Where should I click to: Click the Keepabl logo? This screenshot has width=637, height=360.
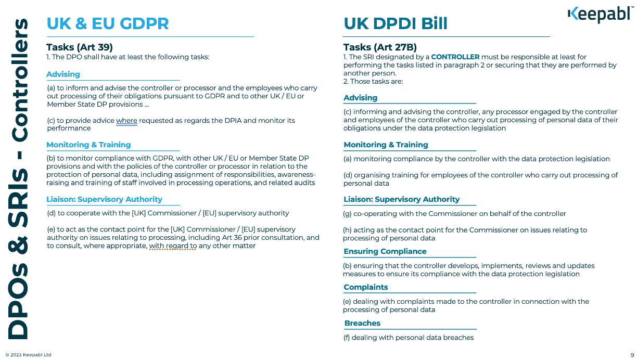600,15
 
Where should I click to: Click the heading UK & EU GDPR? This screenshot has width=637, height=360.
108,23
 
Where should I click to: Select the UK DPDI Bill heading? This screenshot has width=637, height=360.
396,23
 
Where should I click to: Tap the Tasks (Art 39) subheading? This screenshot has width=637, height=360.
80,47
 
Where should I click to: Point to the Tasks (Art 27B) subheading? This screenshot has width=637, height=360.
380,47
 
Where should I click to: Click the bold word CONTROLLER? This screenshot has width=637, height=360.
455,57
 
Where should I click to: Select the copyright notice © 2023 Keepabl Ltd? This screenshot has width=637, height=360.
29,355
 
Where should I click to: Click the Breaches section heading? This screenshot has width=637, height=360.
362,323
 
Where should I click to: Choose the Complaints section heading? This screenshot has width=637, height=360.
366,287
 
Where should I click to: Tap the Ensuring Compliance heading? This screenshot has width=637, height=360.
385,251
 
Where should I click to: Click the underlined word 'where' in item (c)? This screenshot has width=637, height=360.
126,121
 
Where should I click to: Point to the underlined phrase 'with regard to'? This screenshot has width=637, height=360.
173,246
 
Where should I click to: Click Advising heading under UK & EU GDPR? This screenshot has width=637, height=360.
63,74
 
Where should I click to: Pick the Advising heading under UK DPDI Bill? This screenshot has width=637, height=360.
361,98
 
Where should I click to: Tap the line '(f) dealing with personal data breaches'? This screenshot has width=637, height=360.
409,338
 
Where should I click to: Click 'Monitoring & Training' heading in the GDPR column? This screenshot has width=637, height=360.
88,145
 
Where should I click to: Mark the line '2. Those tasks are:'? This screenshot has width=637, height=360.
373,81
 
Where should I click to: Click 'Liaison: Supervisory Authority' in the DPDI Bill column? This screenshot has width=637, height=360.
402,199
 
